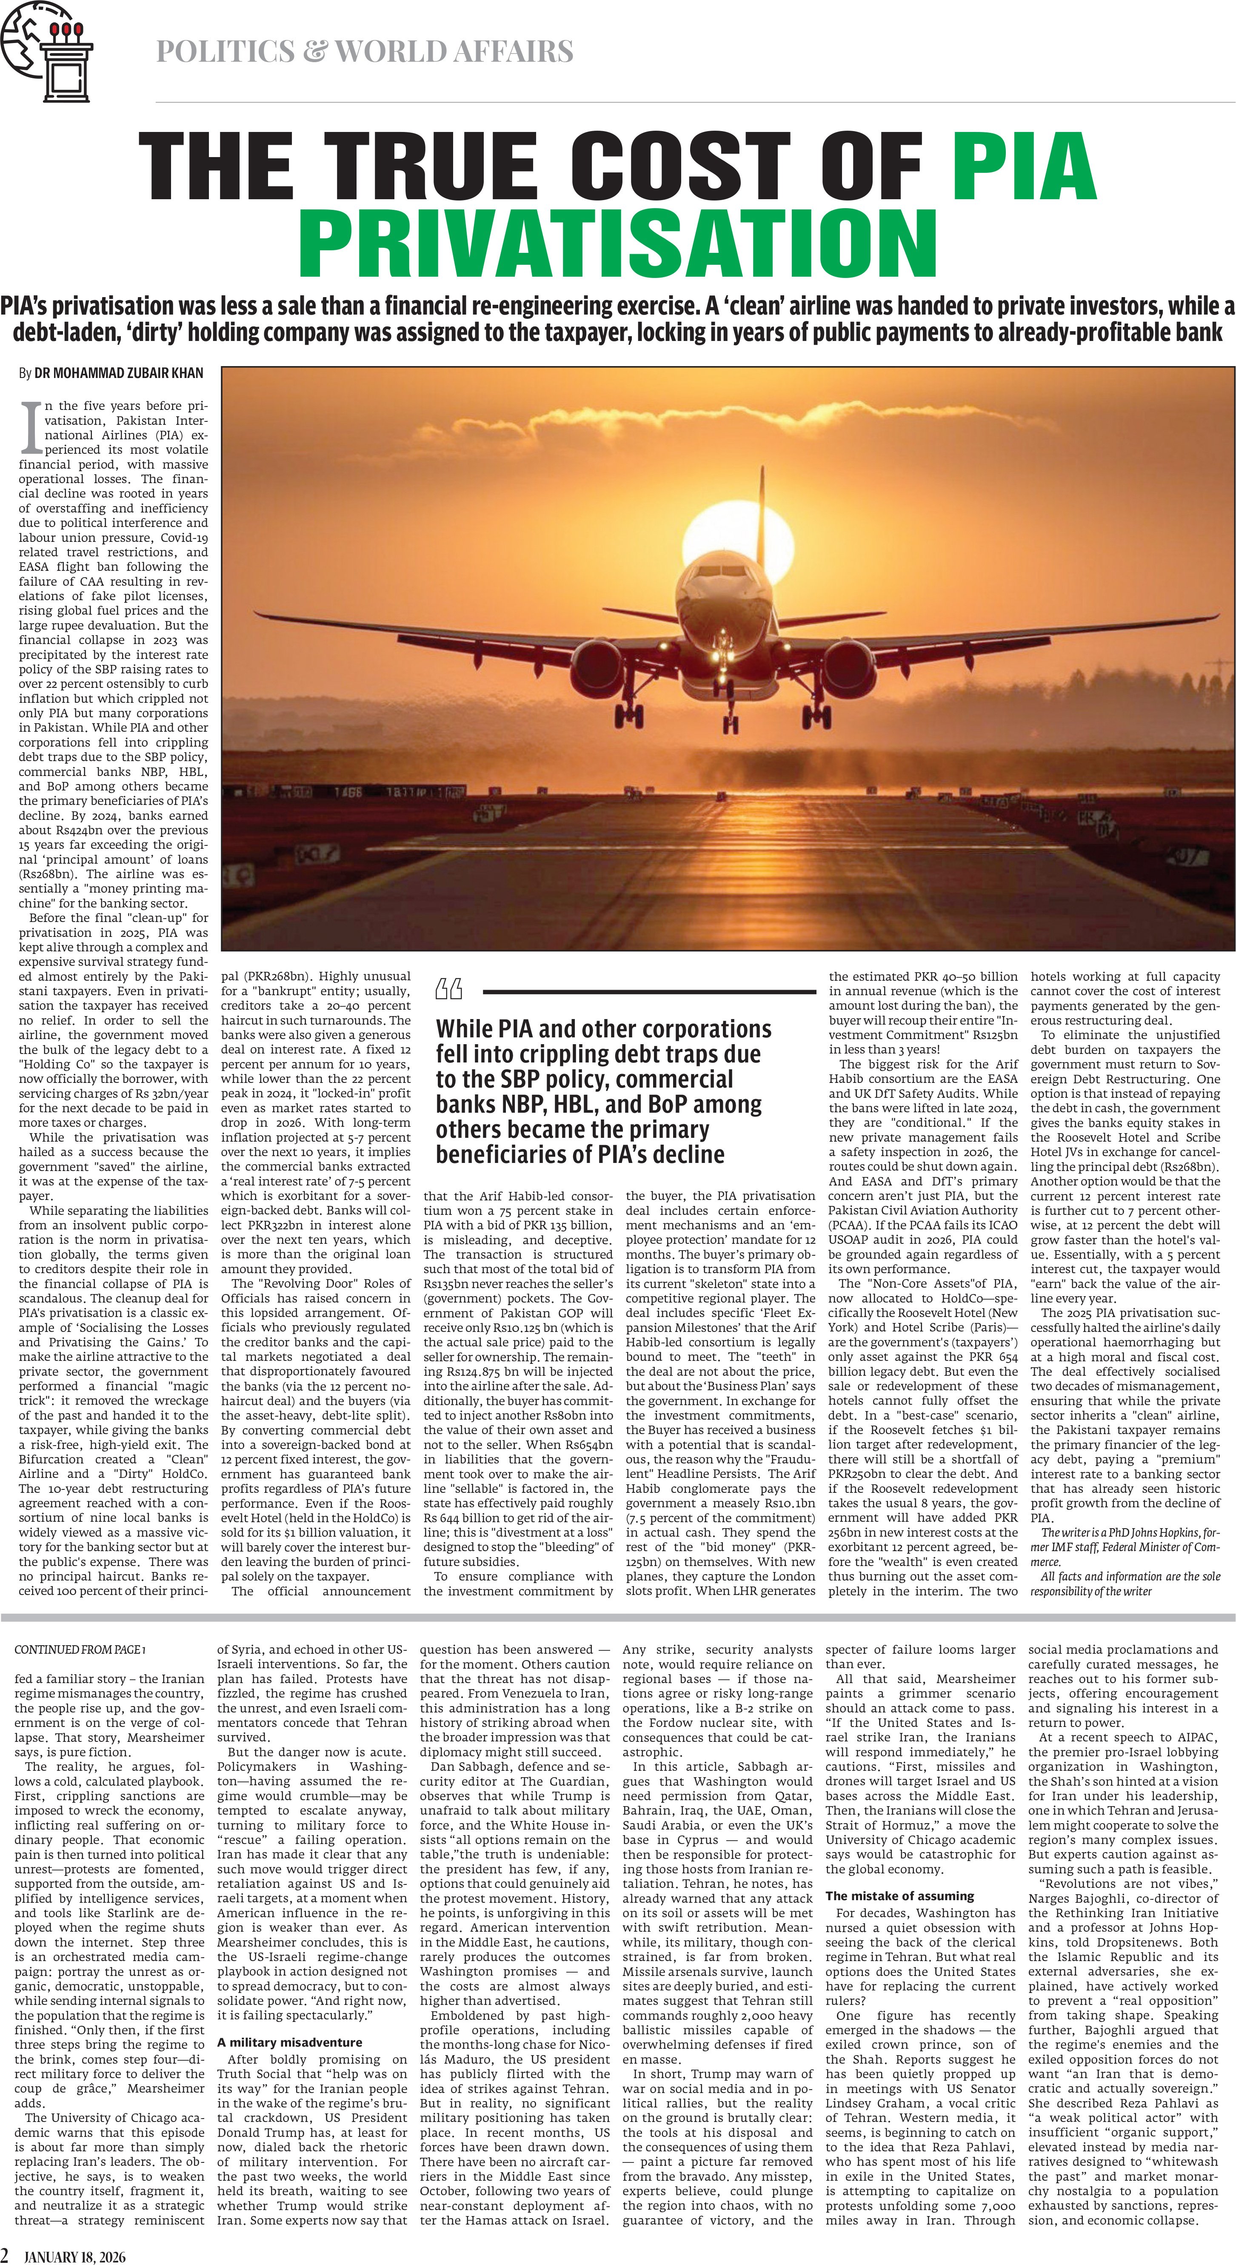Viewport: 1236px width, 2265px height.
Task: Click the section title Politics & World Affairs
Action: tap(364, 52)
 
